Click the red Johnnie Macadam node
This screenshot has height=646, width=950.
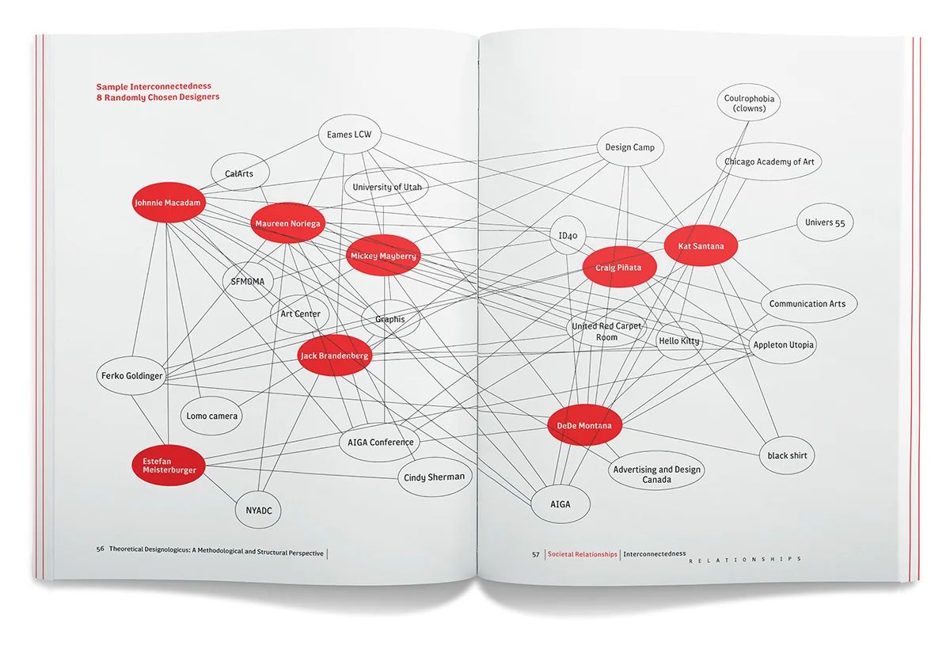click(168, 203)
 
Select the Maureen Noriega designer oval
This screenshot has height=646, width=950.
click(287, 224)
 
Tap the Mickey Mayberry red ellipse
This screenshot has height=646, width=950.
click(383, 256)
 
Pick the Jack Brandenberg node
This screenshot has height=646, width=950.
click(334, 356)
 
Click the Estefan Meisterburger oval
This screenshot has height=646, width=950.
click(169, 465)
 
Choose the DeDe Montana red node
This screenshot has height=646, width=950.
click(584, 426)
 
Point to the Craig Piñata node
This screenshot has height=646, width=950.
click(618, 268)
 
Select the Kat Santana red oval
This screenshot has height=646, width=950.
click(701, 246)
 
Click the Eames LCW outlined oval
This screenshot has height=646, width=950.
click(349, 135)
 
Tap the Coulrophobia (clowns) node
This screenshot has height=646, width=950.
click(750, 104)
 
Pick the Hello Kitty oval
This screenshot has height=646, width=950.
click(678, 341)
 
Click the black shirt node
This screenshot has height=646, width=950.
click(787, 456)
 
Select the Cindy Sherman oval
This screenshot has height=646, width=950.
click(434, 477)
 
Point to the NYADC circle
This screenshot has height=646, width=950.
click(258, 511)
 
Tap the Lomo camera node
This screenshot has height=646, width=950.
click(212, 416)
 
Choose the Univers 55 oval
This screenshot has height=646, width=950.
click(825, 222)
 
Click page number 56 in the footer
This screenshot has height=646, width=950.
click(101, 552)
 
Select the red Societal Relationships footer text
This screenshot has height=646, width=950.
click(582, 554)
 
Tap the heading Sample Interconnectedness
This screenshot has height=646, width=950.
click(154, 86)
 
